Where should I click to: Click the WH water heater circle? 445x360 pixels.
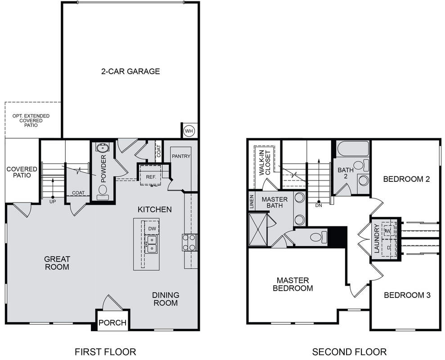tap(189, 131)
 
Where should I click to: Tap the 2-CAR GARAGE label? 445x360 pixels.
tap(130, 71)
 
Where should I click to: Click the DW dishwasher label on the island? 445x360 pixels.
tap(152, 229)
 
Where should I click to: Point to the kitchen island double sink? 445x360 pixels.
tap(151, 244)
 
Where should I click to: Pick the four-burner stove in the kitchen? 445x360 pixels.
tap(189, 242)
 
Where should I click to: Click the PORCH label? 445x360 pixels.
tap(112, 323)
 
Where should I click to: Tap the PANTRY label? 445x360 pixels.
tap(181, 156)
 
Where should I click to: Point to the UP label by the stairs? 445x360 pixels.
tap(53, 202)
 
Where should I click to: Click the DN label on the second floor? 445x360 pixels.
tap(319, 205)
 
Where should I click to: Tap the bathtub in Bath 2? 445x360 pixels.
tap(353, 149)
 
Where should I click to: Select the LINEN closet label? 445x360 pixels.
tap(252, 202)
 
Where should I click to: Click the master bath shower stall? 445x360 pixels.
tap(258, 229)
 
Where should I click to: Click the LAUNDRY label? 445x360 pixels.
tap(377, 238)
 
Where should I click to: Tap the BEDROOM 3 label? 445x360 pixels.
tap(407, 295)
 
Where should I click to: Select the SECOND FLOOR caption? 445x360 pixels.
tap(349, 352)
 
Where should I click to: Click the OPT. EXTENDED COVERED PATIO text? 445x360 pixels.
tap(31, 121)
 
